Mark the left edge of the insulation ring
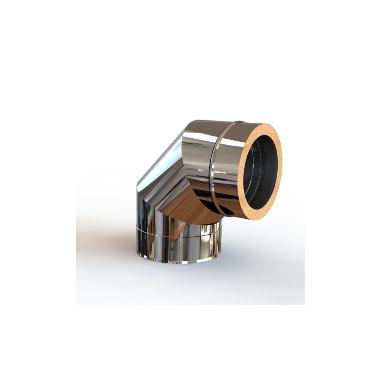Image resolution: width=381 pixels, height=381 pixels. pos(241,179)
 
